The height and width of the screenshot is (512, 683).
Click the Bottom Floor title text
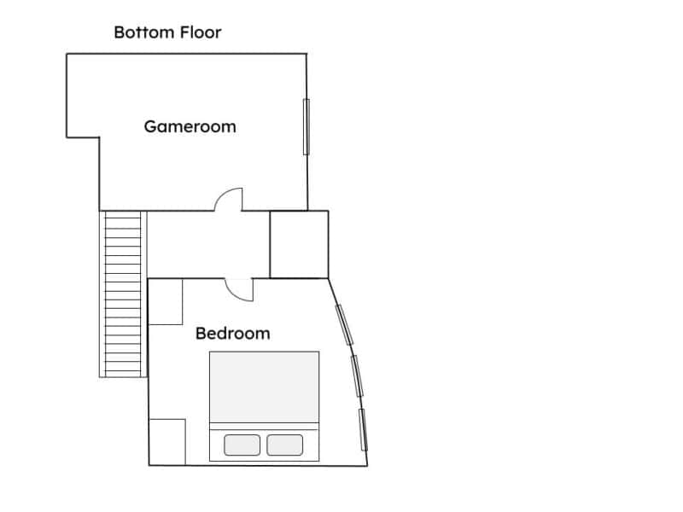(x=167, y=32)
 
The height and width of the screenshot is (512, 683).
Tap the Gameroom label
(x=190, y=126)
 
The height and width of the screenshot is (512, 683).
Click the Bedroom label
(x=232, y=334)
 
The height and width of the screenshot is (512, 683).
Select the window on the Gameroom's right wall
(x=306, y=126)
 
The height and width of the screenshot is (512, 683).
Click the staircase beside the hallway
(x=123, y=294)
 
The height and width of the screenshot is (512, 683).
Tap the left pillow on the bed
(x=242, y=445)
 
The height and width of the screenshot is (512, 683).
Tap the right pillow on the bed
(x=285, y=445)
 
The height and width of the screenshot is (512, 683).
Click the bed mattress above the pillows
(x=265, y=387)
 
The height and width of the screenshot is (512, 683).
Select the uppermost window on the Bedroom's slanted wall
(x=344, y=325)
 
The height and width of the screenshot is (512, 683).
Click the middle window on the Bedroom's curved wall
(x=357, y=375)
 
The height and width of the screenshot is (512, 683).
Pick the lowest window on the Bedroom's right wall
(x=363, y=430)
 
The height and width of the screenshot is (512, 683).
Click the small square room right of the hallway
(x=300, y=244)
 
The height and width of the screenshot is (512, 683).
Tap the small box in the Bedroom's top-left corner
(x=166, y=302)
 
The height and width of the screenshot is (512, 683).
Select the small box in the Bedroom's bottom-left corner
(x=167, y=442)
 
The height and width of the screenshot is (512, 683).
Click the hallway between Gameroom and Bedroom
(x=208, y=244)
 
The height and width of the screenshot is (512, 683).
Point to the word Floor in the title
(x=201, y=32)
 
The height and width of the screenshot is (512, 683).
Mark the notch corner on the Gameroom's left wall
(x=99, y=137)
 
